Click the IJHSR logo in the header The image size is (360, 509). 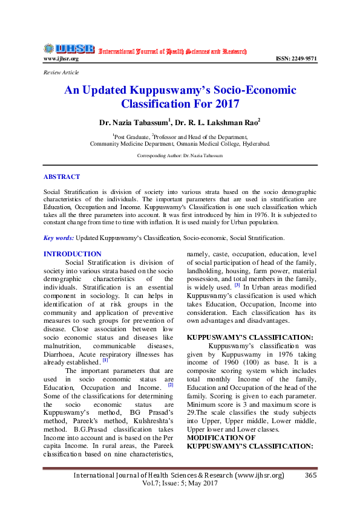pos(68,48)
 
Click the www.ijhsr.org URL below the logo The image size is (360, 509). pos(61,59)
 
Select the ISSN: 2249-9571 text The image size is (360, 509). pos(296,59)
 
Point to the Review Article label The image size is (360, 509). pos(61,73)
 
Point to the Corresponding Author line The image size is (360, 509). pos(180,155)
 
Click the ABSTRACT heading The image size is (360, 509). pos(61,177)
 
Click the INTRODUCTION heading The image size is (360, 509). pos(73,254)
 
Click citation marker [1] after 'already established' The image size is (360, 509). pos(105,360)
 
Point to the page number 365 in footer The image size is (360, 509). pos(310,475)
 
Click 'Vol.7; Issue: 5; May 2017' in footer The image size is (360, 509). pos(179,484)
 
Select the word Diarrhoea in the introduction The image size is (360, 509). pos(62,353)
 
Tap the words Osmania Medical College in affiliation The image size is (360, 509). pos(197,144)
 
